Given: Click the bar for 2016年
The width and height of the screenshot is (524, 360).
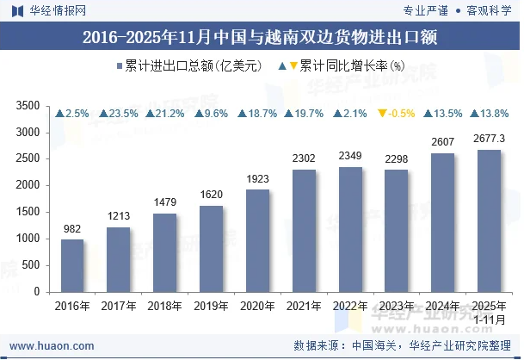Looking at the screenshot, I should [x=72, y=265].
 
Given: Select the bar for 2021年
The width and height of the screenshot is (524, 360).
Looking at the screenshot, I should [x=304, y=231].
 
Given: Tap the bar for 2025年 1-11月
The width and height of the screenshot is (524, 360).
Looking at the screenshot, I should [x=489, y=220].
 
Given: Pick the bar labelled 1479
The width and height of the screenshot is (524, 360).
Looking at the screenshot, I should [x=165, y=252].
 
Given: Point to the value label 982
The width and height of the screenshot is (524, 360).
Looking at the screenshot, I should [x=72, y=228].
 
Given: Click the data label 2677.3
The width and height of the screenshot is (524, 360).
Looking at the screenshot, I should [x=489, y=139].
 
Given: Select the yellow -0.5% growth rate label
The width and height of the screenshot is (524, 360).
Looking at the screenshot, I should [x=397, y=114].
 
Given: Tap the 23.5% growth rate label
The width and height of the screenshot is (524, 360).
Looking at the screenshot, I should [x=119, y=114].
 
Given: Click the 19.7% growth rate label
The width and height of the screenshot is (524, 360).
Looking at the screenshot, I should [x=304, y=114].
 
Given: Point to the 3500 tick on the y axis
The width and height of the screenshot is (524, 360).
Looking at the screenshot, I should [x=29, y=106].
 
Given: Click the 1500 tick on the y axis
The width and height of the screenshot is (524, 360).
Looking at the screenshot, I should [x=29, y=212].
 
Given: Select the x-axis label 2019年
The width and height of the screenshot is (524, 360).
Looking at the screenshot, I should [x=211, y=306].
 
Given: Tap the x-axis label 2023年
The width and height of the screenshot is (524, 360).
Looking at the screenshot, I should [x=397, y=306].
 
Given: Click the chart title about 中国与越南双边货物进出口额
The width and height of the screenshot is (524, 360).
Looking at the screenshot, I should [x=262, y=37].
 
